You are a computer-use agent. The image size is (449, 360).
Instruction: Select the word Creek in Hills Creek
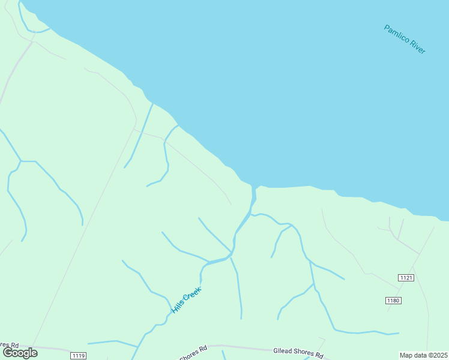(193, 294)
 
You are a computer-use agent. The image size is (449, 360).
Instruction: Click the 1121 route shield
(406, 277)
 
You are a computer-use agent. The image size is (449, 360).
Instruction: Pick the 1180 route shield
(393, 300)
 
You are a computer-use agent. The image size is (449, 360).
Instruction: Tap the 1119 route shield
(78, 356)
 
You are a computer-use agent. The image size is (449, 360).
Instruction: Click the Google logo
(20, 353)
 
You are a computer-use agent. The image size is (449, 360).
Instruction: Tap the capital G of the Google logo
(8, 353)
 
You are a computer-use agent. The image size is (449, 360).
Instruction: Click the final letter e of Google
(35, 353)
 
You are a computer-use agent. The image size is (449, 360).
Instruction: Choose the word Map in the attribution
(406, 355)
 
